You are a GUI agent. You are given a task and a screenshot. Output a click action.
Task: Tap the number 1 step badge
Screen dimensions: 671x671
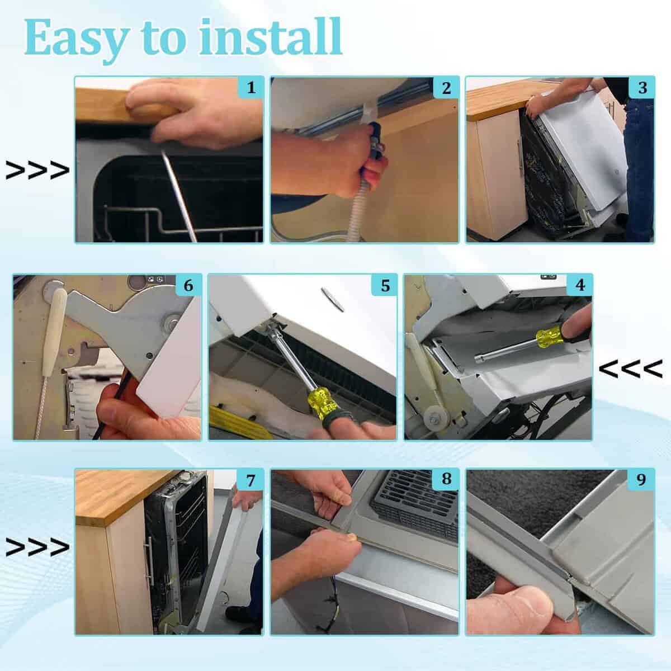(x=251, y=87)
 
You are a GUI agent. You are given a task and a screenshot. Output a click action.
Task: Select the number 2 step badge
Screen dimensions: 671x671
(x=446, y=87)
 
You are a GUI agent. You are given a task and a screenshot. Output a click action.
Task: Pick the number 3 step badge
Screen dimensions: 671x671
(x=642, y=87)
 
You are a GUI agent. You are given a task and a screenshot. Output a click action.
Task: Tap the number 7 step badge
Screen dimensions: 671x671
(x=251, y=481)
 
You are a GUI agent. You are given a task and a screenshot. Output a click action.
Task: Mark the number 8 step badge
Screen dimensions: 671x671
(x=446, y=479)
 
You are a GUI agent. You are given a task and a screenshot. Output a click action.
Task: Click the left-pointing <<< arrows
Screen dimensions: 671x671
(x=631, y=368)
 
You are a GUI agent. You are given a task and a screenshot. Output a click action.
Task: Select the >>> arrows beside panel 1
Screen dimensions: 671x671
(x=37, y=171)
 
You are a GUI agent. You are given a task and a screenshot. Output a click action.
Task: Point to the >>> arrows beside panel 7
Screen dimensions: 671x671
(x=37, y=547)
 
